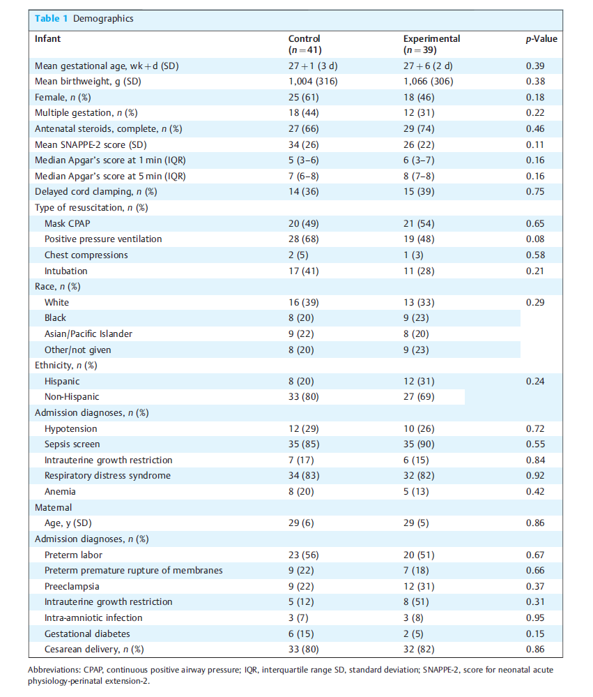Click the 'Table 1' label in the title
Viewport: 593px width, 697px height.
[51, 19]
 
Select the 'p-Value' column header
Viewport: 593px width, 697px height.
[541, 39]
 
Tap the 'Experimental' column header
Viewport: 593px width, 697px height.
[431, 38]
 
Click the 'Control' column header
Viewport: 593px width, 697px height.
[304, 38]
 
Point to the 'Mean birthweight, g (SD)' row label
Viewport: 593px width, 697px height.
[88, 82]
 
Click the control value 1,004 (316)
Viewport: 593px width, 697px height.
[313, 82]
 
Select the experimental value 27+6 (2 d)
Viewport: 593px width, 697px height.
[428, 66]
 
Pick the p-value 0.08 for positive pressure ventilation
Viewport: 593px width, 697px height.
[535, 239]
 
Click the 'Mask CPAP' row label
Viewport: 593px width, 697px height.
[67, 223]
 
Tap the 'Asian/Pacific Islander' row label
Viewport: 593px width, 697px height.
[88, 333]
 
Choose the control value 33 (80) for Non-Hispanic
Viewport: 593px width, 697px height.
[304, 397]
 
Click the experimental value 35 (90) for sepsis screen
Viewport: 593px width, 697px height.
[419, 444]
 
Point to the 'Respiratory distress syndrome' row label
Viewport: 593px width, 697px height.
[107, 476]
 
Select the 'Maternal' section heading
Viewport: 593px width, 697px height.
[53, 508]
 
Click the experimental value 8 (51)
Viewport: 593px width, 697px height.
[416, 602]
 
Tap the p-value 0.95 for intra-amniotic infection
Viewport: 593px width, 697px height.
[535, 618]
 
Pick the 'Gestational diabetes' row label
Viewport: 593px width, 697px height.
[87, 634]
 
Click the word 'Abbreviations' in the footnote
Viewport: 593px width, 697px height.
[54, 670]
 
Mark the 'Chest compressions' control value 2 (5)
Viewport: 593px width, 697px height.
[298, 255]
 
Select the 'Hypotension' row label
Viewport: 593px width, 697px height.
[70, 429]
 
